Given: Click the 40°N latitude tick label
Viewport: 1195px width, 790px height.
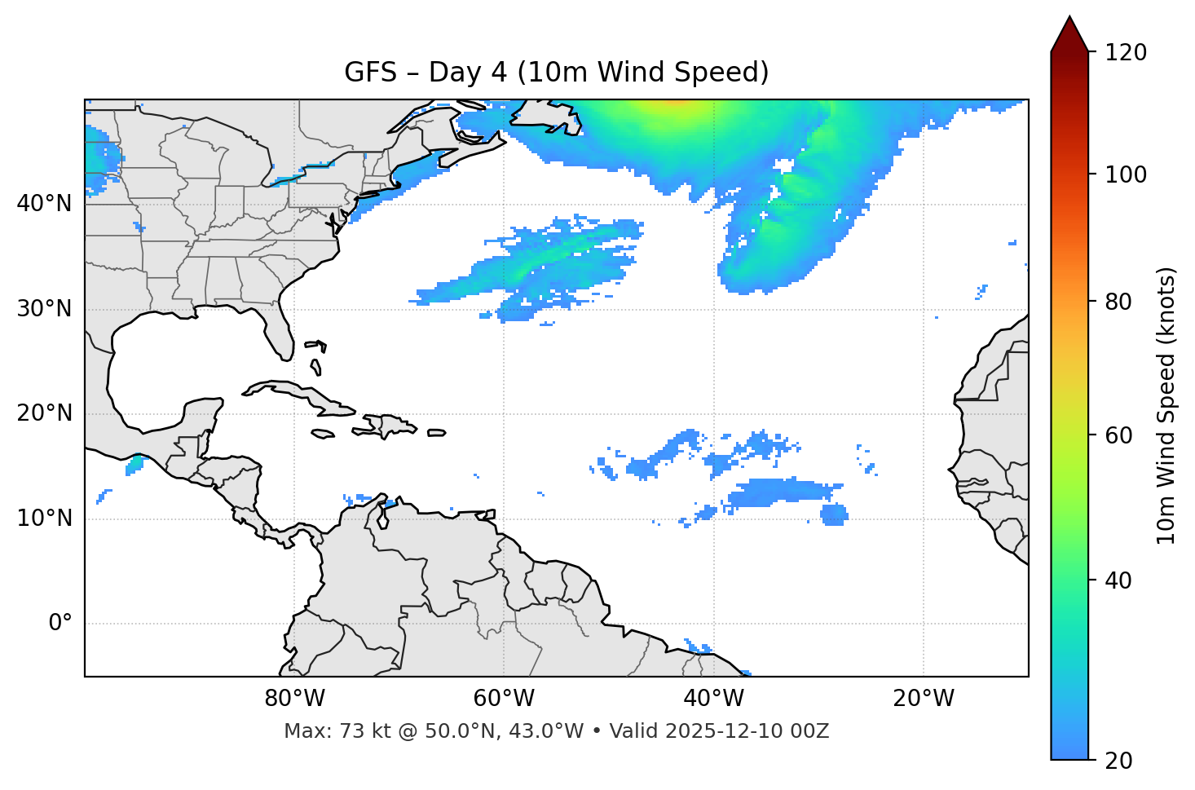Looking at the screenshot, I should tap(44, 204).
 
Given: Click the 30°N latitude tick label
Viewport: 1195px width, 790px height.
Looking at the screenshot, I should tap(44, 309).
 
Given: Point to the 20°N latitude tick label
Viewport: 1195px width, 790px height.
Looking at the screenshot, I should tap(44, 413).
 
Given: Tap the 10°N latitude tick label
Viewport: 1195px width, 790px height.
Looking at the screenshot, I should tap(44, 519).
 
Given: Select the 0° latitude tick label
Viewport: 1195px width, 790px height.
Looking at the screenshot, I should tap(60, 624).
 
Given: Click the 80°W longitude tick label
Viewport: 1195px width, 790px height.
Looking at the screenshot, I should tap(294, 699).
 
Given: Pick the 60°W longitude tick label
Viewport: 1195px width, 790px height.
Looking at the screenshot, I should tap(504, 699).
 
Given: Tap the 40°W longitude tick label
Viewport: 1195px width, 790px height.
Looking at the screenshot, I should tap(714, 699).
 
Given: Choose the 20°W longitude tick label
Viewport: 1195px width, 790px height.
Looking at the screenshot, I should tap(924, 699).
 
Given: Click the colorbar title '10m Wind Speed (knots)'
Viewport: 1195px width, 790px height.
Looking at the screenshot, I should tap(1167, 405).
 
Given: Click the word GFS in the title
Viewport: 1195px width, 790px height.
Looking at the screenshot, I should tap(366, 73).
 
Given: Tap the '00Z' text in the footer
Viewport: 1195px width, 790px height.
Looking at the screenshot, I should tap(810, 731).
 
